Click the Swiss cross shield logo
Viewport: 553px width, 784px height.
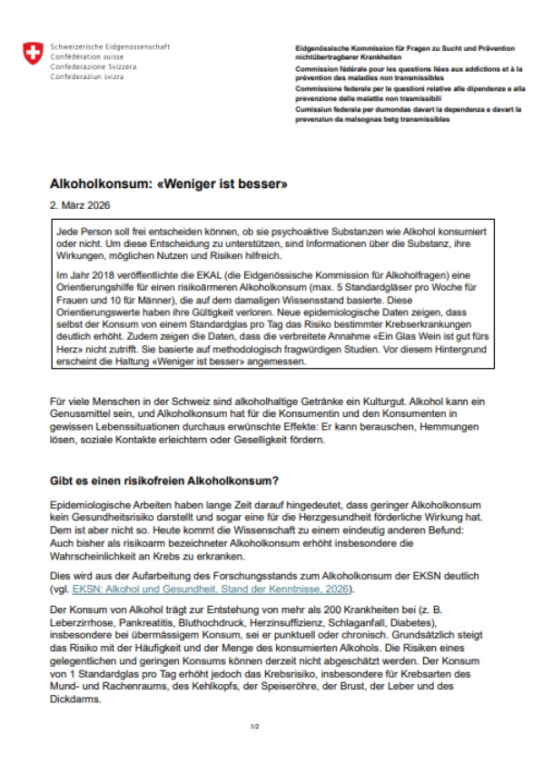coord(33,54)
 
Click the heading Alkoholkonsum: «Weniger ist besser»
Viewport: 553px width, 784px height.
coord(168,184)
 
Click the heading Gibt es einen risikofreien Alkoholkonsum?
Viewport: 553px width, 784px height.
coord(175,480)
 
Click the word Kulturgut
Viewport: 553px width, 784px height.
coord(373,402)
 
